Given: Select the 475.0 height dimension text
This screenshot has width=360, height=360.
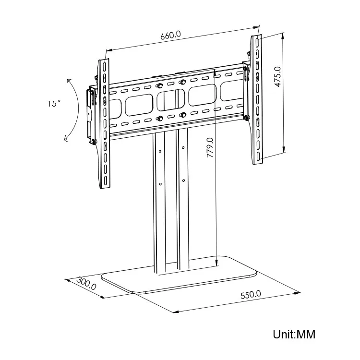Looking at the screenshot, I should click(291, 77).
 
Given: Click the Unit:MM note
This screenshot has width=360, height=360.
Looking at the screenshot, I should click(294, 334).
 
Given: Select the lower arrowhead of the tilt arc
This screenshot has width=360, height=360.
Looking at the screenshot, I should click(66, 139).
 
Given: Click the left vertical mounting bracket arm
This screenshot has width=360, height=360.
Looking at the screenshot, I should click(104, 125).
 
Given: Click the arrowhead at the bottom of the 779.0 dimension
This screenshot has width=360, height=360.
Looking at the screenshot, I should click(216, 262).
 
